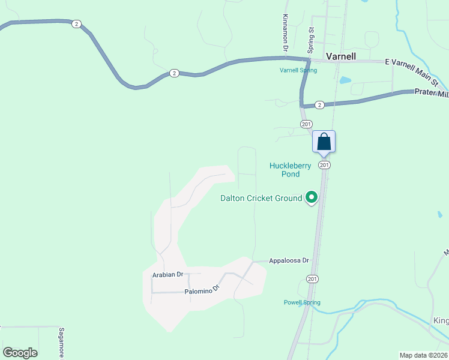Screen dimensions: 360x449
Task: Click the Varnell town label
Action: tap(341, 56)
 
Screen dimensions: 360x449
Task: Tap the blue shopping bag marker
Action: tap(324, 142)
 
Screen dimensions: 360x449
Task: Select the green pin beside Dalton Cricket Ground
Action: tap(312, 197)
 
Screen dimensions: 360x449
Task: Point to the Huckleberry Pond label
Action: tap(291, 170)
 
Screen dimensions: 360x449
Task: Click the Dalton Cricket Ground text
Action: tap(261, 198)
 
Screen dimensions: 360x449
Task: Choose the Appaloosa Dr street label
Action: tap(289, 260)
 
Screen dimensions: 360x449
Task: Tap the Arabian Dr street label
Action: tap(167, 274)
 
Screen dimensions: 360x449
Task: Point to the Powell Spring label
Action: tap(302, 302)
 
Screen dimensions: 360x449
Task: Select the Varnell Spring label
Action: tap(298, 70)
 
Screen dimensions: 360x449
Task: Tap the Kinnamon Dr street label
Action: tap(286, 32)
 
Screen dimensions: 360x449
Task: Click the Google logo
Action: tap(20, 353)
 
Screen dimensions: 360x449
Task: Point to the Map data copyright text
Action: tap(424, 355)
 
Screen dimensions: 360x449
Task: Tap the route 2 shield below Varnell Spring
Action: tap(319, 105)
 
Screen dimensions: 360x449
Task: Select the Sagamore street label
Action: tap(61, 343)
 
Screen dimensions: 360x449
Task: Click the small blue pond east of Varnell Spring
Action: tap(345, 80)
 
